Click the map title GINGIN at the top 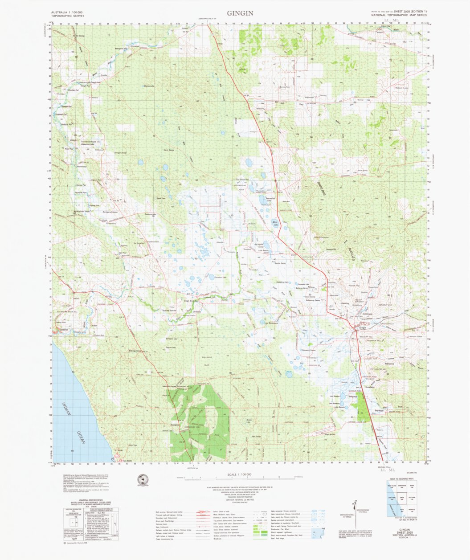[x=240, y=13]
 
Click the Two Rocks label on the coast [x=128, y=461]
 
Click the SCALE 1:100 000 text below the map [x=239, y=474]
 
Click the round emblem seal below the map [x=143, y=479]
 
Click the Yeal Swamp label [x=256, y=437]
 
